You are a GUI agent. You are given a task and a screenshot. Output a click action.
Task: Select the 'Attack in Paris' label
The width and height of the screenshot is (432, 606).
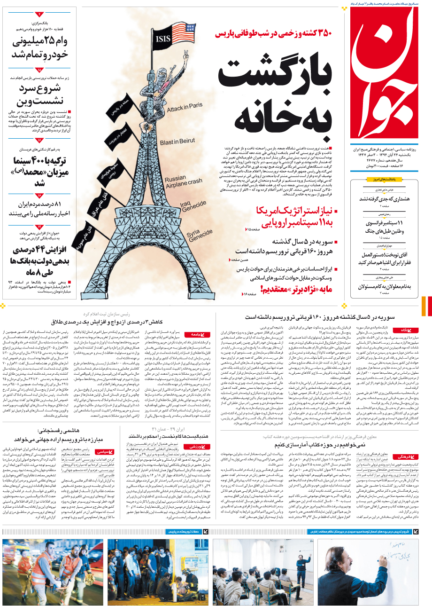tap(185, 107)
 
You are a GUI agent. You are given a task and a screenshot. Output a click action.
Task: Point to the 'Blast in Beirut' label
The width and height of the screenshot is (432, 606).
tap(177, 142)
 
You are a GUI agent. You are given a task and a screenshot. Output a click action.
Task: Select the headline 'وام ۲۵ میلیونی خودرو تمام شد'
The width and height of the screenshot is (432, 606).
tap(40, 47)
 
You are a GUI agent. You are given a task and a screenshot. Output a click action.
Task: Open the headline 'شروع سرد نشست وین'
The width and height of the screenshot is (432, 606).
tap(40, 94)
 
